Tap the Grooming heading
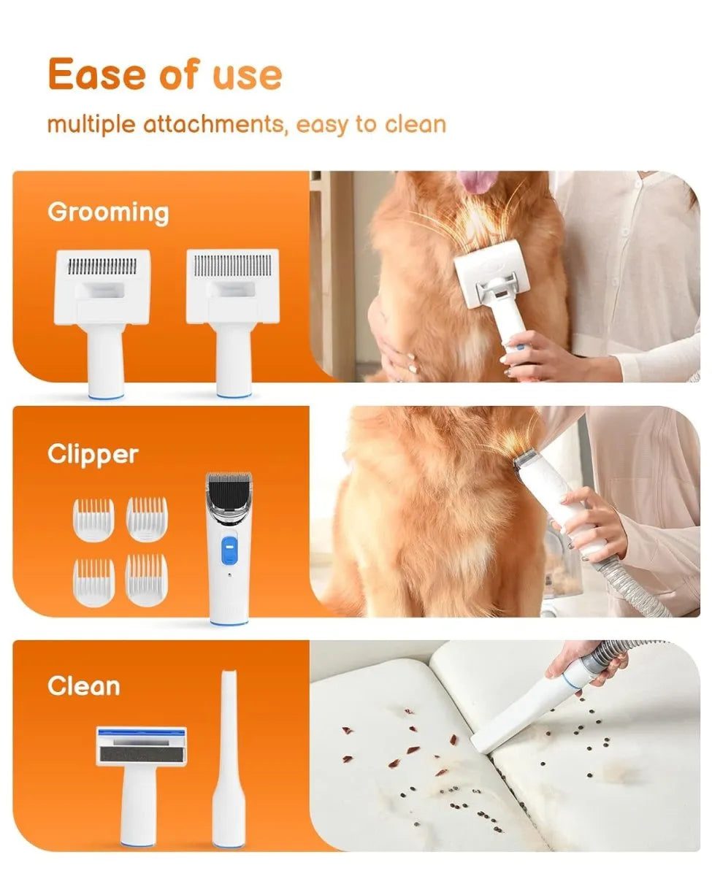(x=108, y=212)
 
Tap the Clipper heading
(x=93, y=454)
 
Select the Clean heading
(x=83, y=686)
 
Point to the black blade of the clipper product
(x=229, y=487)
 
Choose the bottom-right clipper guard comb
(x=146, y=580)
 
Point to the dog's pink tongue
(x=478, y=181)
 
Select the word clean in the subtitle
(x=415, y=124)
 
